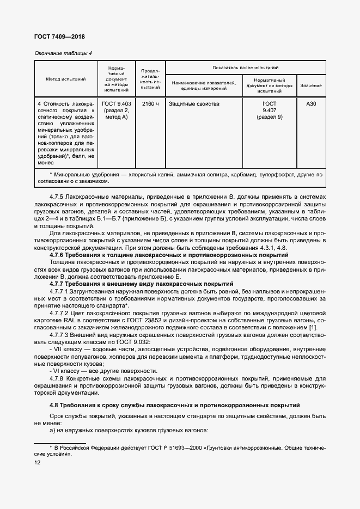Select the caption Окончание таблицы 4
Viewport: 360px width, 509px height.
[63, 53]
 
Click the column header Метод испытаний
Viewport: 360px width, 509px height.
[65, 79]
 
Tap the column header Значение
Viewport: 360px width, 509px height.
[310, 85]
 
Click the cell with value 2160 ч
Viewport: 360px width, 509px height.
[150, 103]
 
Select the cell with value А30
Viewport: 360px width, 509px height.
[310, 103]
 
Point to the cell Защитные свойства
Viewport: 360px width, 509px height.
[194, 103]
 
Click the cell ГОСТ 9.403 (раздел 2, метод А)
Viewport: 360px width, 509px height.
[117, 110]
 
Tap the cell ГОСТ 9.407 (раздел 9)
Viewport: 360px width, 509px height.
[269, 110]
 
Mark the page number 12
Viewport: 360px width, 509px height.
[37, 463]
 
